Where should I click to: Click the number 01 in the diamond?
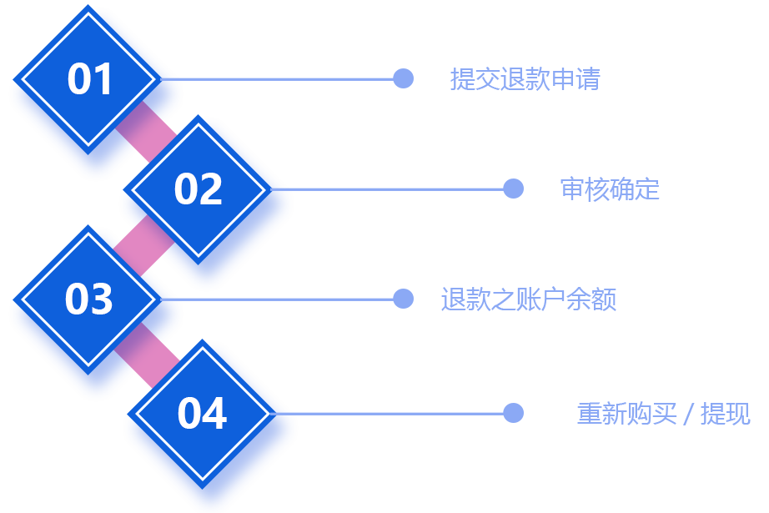89,79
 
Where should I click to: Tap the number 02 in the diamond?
199,189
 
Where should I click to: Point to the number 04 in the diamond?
203,413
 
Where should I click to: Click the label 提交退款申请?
525,79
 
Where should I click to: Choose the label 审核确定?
610,189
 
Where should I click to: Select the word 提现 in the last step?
725,413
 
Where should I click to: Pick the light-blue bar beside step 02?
408,189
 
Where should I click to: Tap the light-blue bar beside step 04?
408,412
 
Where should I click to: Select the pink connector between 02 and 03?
143,244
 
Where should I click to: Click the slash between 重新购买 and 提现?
688,413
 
